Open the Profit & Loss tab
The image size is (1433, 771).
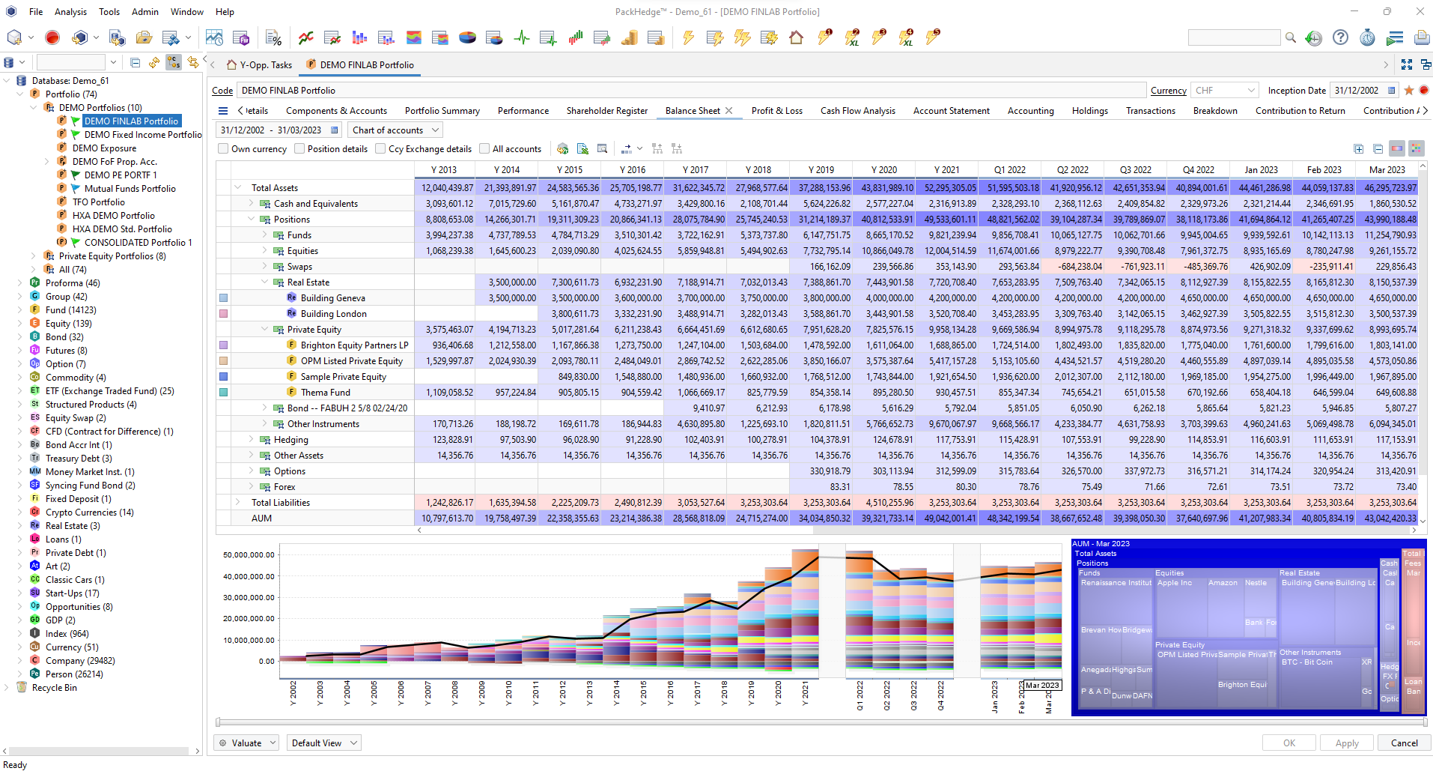pos(776,111)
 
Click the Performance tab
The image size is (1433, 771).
pos(523,111)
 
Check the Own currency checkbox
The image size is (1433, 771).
pos(223,149)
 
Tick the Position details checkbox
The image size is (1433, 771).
pos(299,149)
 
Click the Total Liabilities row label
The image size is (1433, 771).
pos(280,503)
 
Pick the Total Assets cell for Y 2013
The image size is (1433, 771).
pos(447,188)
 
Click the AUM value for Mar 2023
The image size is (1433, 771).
pos(1390,518)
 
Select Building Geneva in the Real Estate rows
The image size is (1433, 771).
pos(332,298)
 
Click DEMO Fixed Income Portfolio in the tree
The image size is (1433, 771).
pos(142,135)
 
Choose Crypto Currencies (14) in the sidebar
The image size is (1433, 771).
pos(89,513)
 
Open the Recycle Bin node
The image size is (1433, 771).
pos(54,688)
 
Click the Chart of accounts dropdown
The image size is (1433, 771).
pos(395,130)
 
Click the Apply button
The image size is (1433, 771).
pos(1346,743)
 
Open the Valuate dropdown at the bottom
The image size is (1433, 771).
pos(247,743)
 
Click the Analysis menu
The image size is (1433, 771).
pos(70,12)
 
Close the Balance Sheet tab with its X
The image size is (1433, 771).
pos(728,111)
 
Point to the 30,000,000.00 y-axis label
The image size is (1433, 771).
pos(249,598)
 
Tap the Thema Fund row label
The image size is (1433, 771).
pos(325,393)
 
